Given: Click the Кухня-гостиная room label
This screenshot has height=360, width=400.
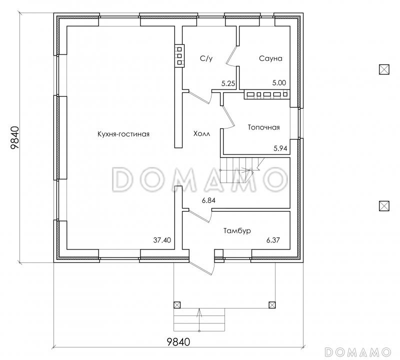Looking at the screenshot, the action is (x=123, y=134).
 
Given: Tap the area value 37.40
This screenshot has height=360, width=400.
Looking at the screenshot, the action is (x=162, y=240).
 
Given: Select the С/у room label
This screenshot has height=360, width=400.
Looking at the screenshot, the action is (x=206, y=58).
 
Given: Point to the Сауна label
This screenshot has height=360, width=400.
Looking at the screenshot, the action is (x=270, y=58).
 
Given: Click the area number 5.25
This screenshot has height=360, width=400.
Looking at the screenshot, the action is (x=228, y=83).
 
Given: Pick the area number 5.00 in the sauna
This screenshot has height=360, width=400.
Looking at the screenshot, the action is (x=279, y=82).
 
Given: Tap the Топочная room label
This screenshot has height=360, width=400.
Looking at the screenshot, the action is (x=264, y=127).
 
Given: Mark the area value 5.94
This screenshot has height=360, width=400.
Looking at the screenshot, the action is (x=280, y=148).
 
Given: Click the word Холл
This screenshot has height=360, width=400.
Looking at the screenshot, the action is (x=202, y=133).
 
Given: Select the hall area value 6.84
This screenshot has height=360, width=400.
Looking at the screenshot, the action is (x=208, y=200).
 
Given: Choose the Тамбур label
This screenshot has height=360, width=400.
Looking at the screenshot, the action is (x=237, y=231).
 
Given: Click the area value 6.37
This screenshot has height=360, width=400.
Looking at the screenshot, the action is (x=273, y=240).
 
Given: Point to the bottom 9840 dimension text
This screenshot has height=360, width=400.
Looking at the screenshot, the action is (x=178, y=341).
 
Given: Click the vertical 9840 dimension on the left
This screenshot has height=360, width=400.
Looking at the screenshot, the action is (x=15, y=138).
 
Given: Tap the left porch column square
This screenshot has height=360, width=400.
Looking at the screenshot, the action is (x=177, y=305).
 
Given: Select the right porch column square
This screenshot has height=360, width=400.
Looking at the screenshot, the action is (x=272, y=305).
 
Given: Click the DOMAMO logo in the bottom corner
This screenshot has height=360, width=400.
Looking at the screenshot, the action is (x=358, y=352).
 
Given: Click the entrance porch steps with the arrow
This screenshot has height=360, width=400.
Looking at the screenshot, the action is (x=199, y=319).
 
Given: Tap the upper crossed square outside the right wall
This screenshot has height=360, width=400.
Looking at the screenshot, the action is (x=384, y=69).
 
